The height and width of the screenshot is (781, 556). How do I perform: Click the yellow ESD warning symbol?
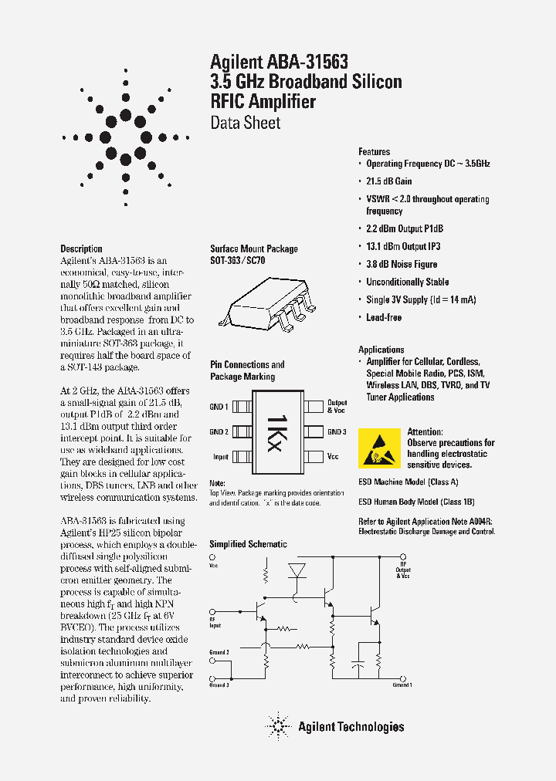tap(380, 448)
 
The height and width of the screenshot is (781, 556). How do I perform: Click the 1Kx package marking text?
tap(277, 432)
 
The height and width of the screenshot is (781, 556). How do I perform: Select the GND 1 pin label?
tap(219, 407)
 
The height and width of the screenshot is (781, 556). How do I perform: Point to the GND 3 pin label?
tap(337, 432)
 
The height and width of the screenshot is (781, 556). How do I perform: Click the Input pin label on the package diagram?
tap(220, 457)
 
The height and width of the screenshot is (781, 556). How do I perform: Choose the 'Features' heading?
tap(374, 152)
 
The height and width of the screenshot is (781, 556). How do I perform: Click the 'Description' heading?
tap(81, 248)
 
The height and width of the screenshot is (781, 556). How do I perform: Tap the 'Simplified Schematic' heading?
tap(248, 544)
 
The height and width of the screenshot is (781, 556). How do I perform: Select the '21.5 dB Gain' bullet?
tap(388, 181)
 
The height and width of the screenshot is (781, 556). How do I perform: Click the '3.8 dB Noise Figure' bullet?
tap(401, 264)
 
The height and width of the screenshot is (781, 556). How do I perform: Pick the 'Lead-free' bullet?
tap(383, 317)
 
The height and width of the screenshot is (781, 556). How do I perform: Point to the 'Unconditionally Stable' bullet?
tap(407, 282)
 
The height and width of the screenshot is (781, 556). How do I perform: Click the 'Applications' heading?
tap(381, 350)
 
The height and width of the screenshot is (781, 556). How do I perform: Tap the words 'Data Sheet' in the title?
tap(245, 123)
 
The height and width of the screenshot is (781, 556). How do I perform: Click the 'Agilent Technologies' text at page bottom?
tap(351, 726)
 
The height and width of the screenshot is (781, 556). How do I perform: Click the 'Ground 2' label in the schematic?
tap(219, 652)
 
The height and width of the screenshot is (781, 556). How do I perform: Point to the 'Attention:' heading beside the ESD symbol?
tap(425, 432)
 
